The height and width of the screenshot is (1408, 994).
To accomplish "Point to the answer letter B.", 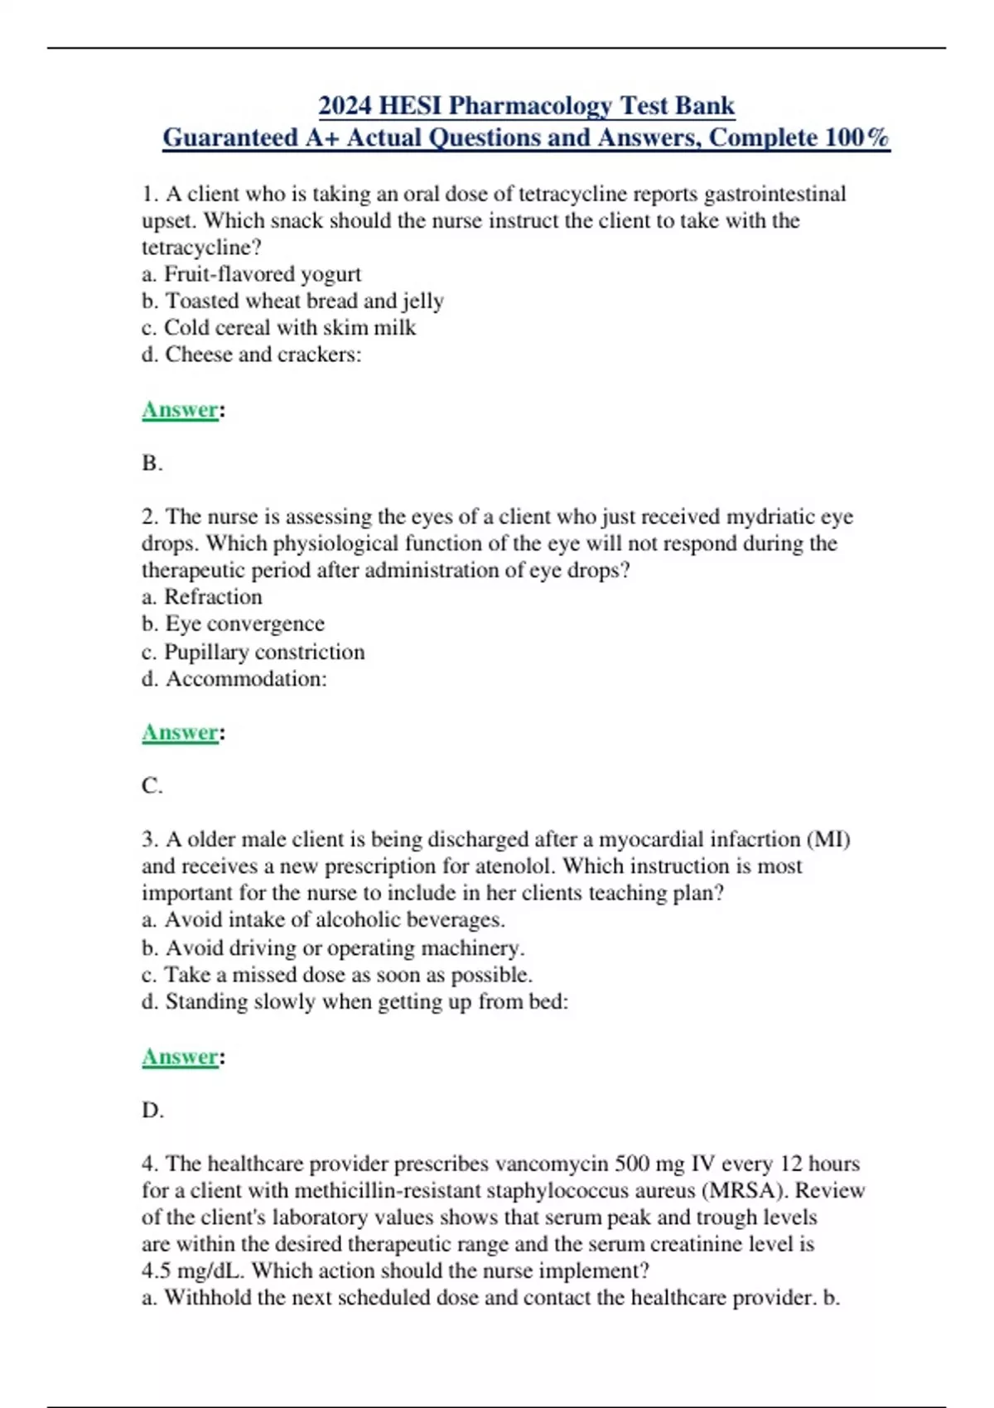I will coord(151,463).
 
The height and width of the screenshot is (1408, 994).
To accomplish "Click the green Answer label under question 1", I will coord(180,410).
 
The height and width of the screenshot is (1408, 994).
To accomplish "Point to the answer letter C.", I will coord(151,785).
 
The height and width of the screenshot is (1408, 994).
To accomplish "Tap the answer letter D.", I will coord(152,1110).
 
